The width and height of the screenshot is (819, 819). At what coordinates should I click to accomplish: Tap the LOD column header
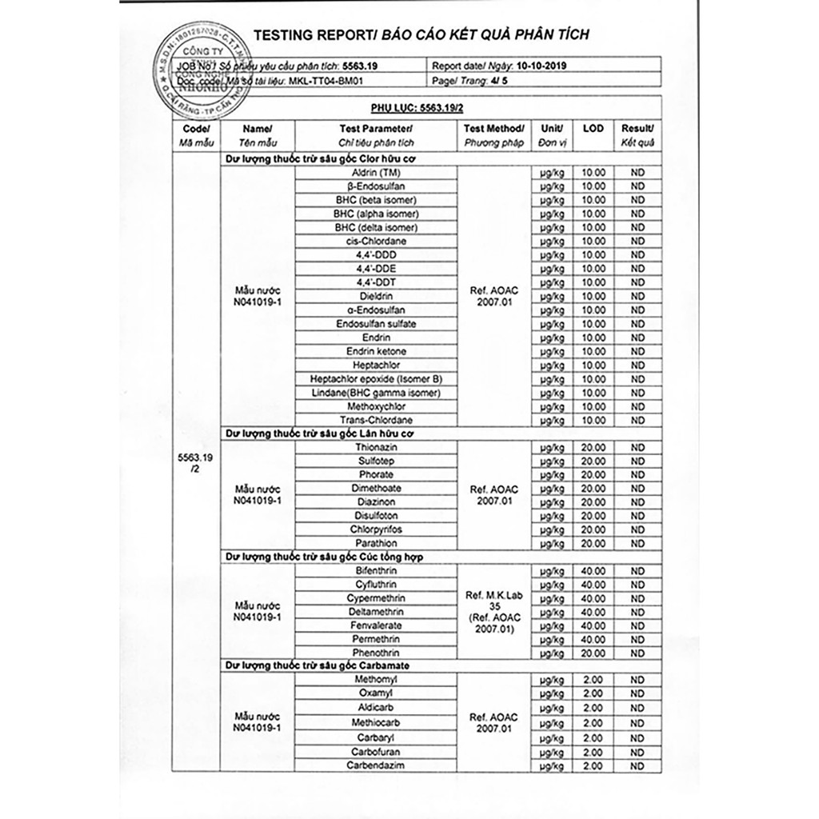click(x=593, y=129)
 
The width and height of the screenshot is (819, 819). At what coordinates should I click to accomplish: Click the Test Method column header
click(x=494, y=129)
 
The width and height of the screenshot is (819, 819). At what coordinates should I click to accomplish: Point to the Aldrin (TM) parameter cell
click(x=376, y=172)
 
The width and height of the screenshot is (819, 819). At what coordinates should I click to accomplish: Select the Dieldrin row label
click(x=376, y=296)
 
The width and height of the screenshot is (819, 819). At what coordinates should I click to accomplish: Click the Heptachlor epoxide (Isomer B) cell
click(x=376, y=379)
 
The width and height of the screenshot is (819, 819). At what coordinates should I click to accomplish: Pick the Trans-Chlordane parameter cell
click(x=376, y=421)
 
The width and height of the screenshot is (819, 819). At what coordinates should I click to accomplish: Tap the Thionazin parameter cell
click(x=376, y=447)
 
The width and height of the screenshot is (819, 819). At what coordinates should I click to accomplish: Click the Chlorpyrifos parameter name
click(x=376, y=529)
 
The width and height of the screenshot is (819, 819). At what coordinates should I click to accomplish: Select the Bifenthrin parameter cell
click(x=376, y=571)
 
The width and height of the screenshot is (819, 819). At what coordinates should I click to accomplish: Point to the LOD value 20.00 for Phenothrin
click(x=593, y=653)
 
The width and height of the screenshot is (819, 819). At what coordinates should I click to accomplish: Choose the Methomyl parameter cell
click(x=376, y=679)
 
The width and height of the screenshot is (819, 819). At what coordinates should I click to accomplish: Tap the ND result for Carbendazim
click(x=637, y=765)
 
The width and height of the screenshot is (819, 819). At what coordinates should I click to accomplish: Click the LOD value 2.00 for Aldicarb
click(x=593, y=708)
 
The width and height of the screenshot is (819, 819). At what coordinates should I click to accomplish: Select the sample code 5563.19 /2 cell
click(x=195, y=464)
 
